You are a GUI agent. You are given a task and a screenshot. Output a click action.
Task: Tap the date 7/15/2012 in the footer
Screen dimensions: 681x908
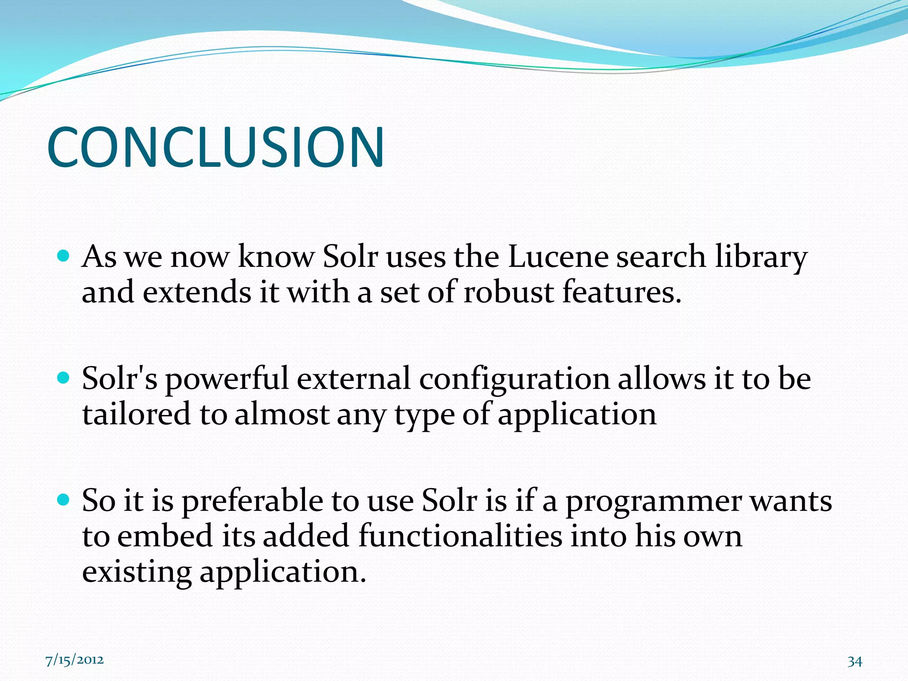[x=74, y=660]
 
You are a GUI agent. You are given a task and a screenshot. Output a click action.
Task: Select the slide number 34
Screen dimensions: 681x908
[x=854, y=661]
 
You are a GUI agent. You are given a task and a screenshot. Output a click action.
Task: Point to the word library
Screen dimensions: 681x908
[x=761, y=258]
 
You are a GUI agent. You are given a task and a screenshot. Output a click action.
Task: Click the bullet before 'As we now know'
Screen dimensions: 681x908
[x=64, y=256]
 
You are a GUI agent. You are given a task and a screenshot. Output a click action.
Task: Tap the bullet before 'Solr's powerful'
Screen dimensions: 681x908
[x=64, y=378]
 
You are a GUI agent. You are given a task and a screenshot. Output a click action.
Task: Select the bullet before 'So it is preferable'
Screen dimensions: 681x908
[x=64, y=500]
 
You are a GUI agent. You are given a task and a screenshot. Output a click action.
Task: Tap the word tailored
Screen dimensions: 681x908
[x=137, y=415]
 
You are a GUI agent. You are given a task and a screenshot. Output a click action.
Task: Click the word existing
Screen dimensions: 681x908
[x=137, y=572]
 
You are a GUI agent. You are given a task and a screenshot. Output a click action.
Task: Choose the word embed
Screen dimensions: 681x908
[x=165, y=536]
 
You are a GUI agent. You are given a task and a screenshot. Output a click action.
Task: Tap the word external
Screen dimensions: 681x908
[x=353, y=380]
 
